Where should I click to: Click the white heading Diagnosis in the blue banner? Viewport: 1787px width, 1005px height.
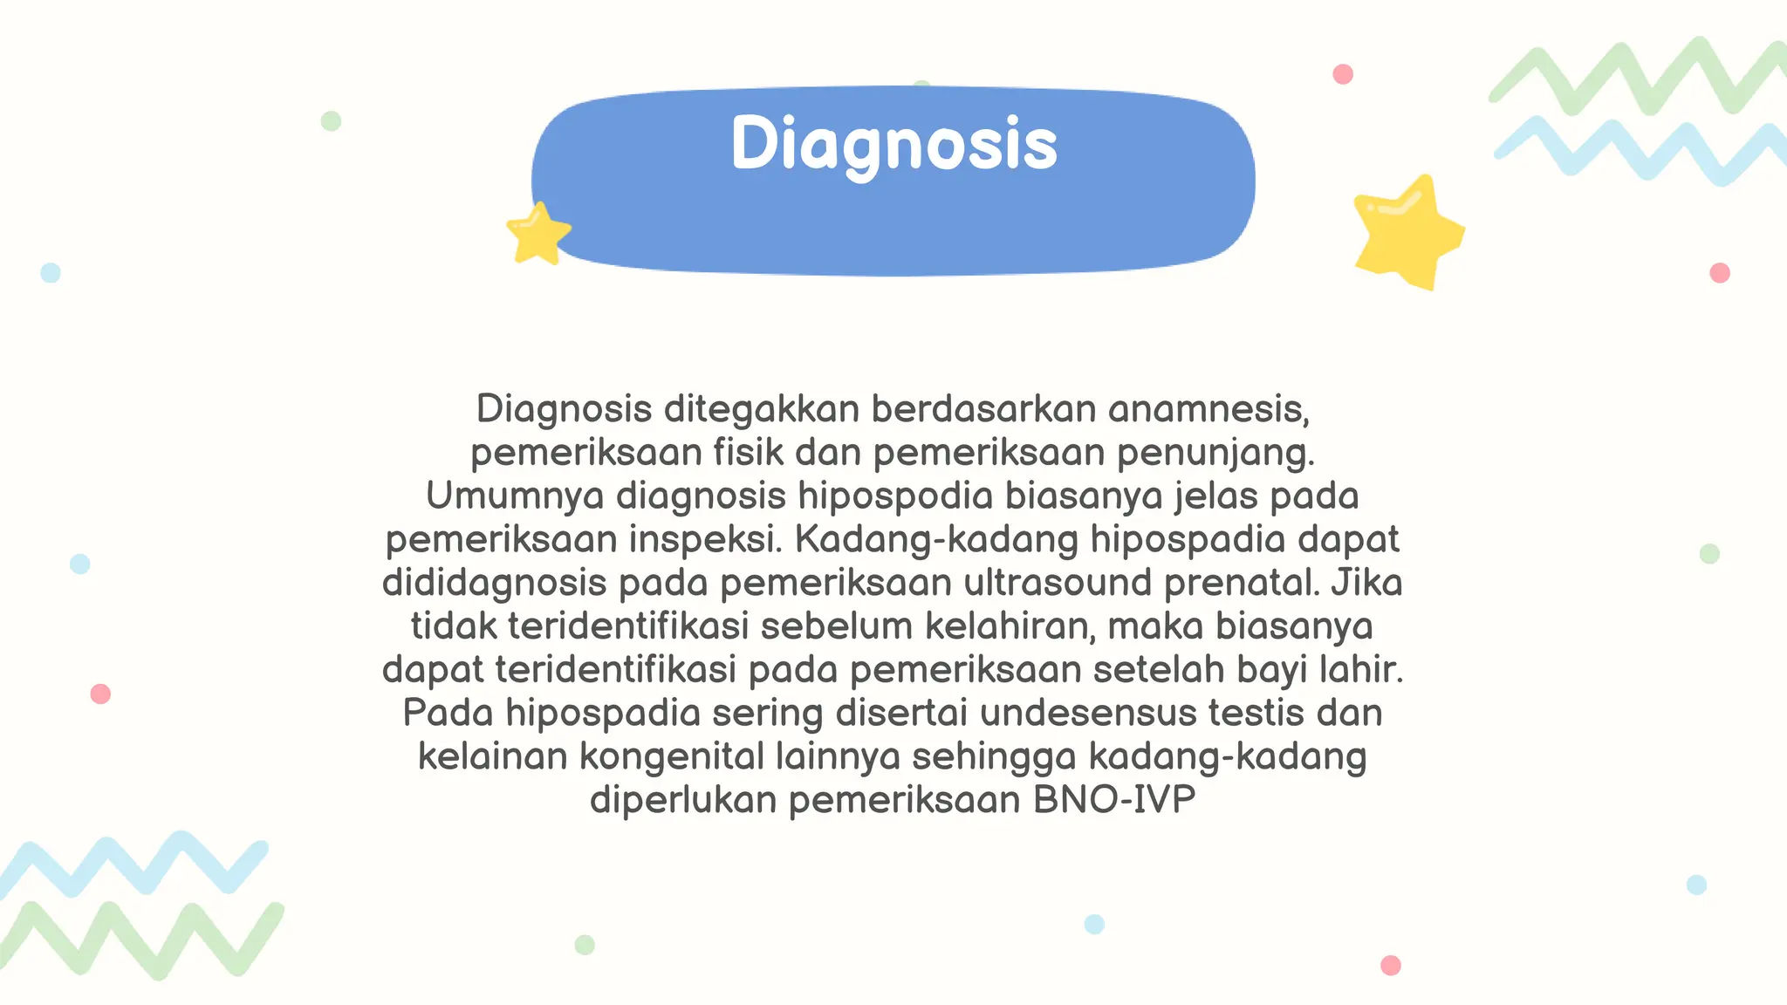(893, 145)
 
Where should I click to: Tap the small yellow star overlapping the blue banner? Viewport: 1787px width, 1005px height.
(537, 234)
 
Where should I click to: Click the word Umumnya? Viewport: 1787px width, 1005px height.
(515, 496)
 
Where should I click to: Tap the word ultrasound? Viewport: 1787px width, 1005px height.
(1058, 582)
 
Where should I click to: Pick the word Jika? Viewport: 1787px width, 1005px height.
(1366, 582)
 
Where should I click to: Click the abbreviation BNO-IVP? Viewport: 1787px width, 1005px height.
(1114, 800)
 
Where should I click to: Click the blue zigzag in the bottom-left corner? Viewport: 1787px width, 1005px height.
(131, 864)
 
